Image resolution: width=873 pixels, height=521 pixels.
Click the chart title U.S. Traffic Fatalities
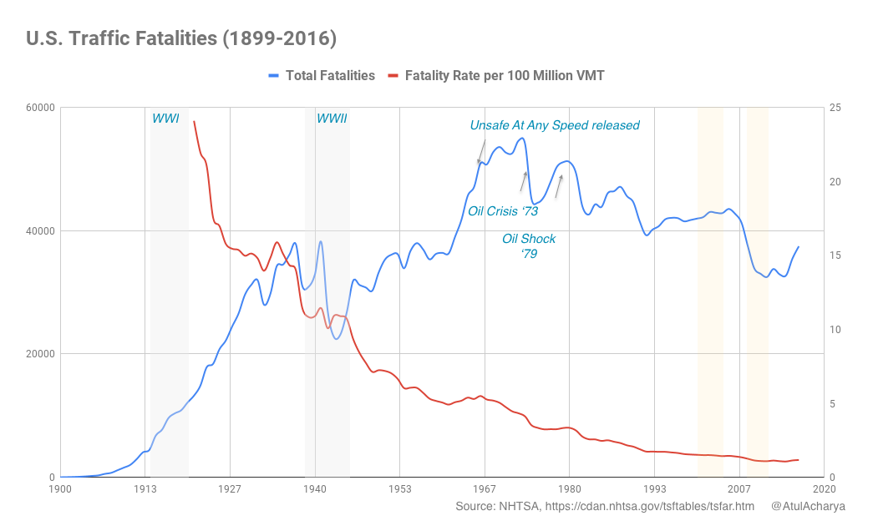click(x=181, y=38)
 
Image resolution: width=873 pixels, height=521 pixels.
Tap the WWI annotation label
click(x=165, y=119)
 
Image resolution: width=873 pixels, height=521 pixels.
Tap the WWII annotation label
click(x=332, y=119)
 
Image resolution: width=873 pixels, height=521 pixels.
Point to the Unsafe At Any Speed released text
click(x=555, y=125)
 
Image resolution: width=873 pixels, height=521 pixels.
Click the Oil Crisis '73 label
click(x=503, y=211)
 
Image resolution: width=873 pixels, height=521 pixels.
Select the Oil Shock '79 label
click(x=529, y=245)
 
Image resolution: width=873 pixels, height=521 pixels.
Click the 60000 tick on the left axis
click(x=39, y=108)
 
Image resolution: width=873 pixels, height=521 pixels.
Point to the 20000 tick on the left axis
click(x=39, y=354)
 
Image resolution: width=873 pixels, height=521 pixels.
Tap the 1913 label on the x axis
click(x=145, y=488)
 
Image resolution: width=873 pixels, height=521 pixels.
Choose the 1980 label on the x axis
click(x=569, y=488)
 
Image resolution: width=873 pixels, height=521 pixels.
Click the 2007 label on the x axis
click(x=739, y=488)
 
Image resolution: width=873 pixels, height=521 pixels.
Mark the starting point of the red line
click(x=194, y=121)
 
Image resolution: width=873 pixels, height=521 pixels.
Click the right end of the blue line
click(x=799, y=246)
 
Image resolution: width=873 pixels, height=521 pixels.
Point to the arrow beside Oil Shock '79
click(x=559, y=185)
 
